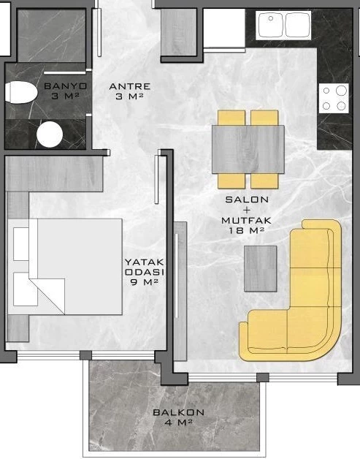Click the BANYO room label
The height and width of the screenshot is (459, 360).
66,86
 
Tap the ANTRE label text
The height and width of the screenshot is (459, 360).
129,86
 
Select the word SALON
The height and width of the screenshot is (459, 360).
247,200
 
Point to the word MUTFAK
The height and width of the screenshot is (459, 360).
247,220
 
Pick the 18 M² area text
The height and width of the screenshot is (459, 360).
247,230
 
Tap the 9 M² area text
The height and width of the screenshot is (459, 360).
145,282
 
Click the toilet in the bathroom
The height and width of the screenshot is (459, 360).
21,93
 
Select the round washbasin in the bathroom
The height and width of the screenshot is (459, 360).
50,134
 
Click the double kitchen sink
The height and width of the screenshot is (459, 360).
283,25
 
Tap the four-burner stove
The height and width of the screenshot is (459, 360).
334,98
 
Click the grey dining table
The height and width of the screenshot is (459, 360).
248,149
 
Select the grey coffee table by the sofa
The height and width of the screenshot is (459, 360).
260,268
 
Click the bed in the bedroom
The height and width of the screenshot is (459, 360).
65,266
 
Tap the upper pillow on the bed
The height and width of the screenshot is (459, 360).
21,244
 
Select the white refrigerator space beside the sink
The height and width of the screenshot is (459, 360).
223,28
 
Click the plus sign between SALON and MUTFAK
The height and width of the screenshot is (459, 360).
247,210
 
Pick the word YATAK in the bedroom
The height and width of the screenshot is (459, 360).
145,262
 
